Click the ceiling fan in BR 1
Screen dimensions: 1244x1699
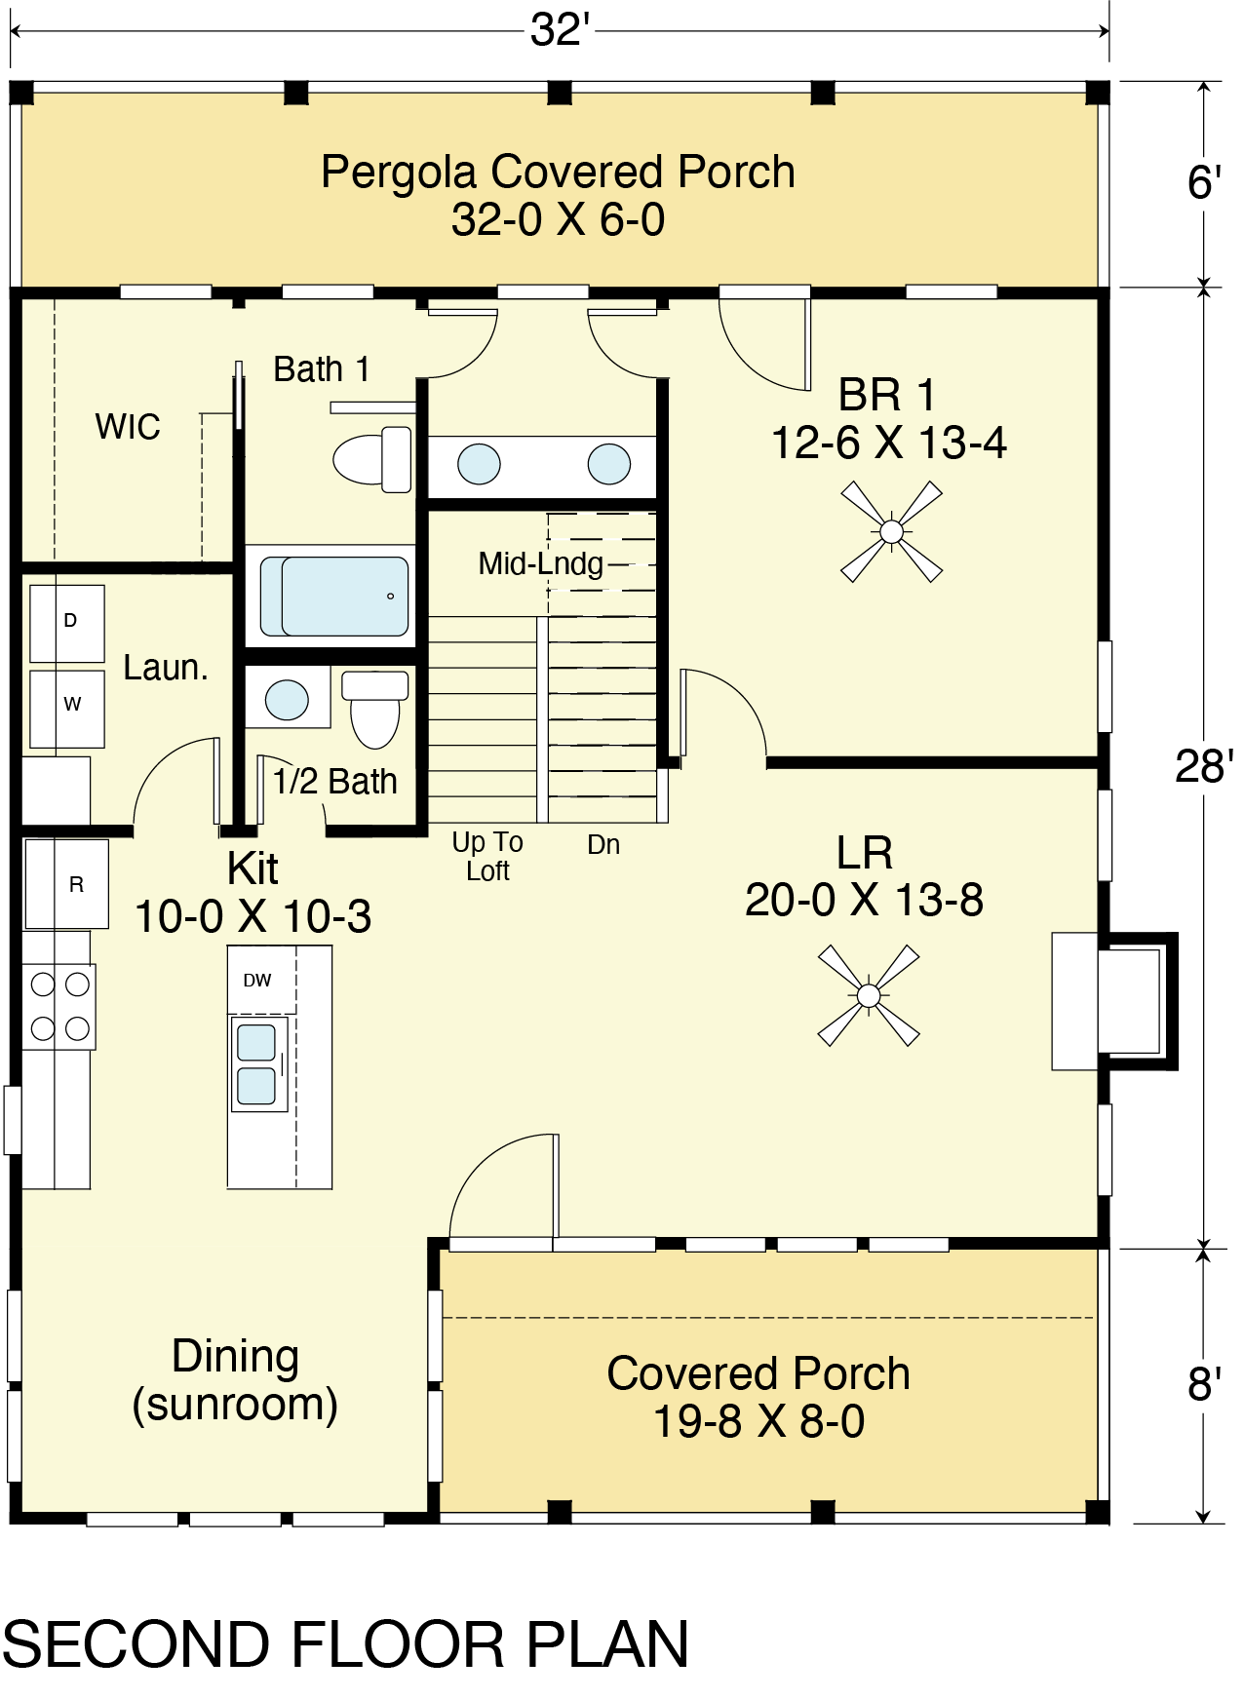tap(891, 531)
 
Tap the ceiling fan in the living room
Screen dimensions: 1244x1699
tap(868, 995)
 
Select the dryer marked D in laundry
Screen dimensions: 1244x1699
tap(67, 624)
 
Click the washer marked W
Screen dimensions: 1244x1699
tap(67, 709)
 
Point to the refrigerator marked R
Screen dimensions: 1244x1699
tap(66, 884)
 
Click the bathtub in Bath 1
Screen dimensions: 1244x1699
tap(334, 596)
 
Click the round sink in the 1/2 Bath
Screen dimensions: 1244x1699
tap(287, 700)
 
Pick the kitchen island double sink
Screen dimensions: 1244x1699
tap(257, 1063)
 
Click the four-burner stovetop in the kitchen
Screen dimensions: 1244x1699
tap(59, 1006)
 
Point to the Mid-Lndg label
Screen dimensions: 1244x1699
tap(541, 563)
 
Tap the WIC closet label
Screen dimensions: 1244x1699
tap(128, 427)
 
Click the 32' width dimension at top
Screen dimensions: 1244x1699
tap(561, 30)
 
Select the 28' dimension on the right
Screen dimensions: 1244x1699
tap(1205, 767)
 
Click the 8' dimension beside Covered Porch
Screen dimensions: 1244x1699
tap(1205, 1384)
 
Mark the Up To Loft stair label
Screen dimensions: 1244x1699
tap(487, 856)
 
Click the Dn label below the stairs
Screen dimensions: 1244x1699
tap(603, 844)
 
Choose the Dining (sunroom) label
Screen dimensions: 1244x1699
tap(235, 1381)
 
